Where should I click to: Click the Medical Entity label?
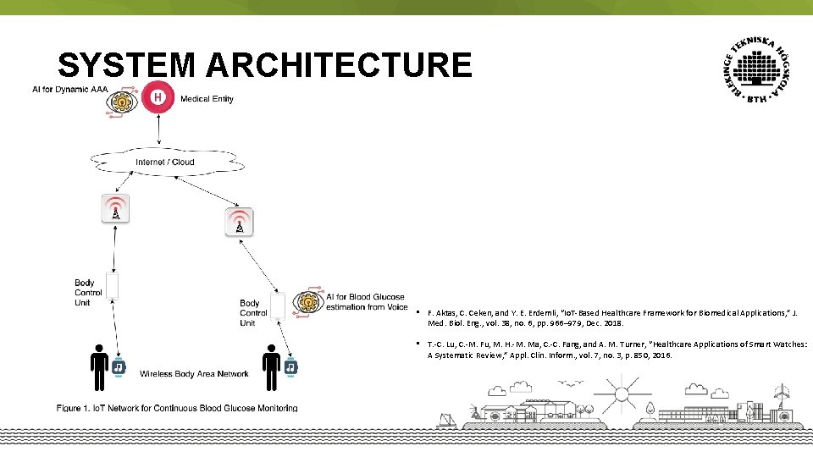207,99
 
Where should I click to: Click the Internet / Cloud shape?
165,162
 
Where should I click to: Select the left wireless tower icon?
115,209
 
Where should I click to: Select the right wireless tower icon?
240,223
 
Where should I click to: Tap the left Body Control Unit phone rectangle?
112,286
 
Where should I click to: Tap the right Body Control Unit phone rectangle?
278,306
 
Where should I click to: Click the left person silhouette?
99,367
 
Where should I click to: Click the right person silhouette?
271,367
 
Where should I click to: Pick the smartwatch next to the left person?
119,367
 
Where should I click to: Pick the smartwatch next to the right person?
290,367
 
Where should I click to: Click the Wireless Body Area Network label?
194,374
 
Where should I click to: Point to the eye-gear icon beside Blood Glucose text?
309,301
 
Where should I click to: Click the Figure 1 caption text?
177,408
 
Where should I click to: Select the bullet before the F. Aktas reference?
419,312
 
